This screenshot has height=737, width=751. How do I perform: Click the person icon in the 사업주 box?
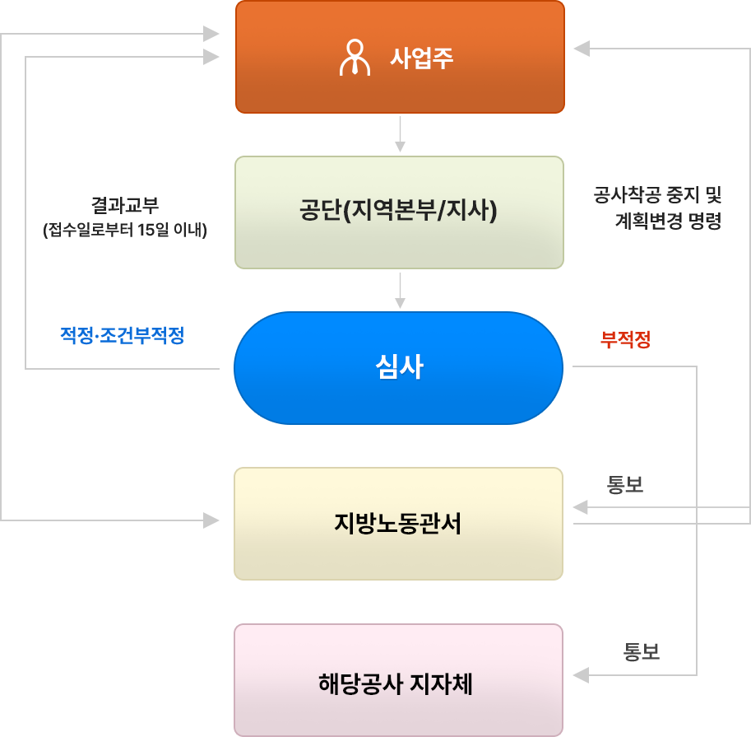(x=355, y=58)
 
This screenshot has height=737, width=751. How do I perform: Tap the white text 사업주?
(x=422, y=58)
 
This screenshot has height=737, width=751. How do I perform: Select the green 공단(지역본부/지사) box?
(x=399, y=212)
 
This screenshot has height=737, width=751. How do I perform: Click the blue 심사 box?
(x=399, y=367)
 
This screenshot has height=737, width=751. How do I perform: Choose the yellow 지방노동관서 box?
(x=399, y=524)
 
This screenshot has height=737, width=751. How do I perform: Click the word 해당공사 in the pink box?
(x=356, y=684)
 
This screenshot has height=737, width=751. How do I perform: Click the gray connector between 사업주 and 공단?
(x=401, y=133)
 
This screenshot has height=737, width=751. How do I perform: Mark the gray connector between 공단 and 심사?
(x=401, y=289)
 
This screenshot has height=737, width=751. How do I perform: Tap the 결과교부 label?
(x=125, y=207)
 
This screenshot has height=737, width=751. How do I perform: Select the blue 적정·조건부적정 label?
(x=122, y=334)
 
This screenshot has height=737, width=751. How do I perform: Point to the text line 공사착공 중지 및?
(x=656, y=196)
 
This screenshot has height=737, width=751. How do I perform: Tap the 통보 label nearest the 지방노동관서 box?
(x=624, y=486)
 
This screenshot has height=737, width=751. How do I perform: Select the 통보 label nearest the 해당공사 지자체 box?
(x=642, y=654)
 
